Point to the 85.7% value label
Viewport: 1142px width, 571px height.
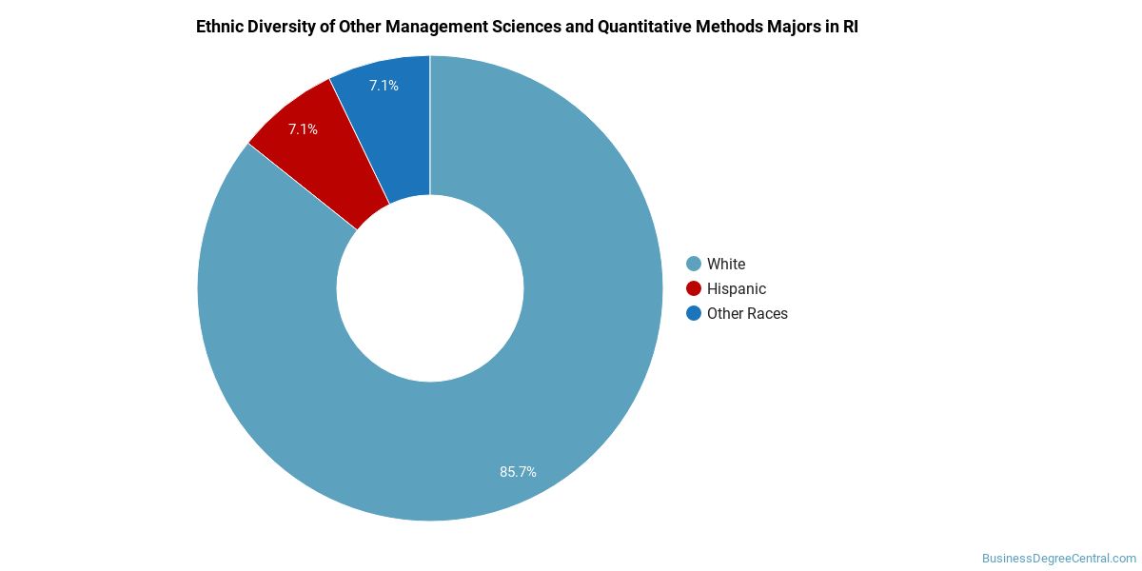point(518,471)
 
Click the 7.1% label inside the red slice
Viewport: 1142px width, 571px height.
point(303,128)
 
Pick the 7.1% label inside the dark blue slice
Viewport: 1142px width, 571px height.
point(384,86)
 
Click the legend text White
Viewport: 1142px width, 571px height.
point(726,264)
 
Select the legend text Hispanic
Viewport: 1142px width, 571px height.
point(736,288)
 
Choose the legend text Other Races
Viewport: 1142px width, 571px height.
point(747,313)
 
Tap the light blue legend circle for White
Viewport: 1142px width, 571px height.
point(694,264)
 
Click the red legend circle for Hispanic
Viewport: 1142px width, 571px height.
point(694,288)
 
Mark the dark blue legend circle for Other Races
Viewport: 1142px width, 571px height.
point(694,313)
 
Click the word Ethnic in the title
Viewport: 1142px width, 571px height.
point(218,27)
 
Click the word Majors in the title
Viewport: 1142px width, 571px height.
point(796,27)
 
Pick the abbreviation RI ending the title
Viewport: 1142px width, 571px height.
point(850,27)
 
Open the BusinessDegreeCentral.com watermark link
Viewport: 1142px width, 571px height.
point(1058,559)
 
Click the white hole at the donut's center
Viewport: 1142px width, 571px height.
point(430,288)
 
